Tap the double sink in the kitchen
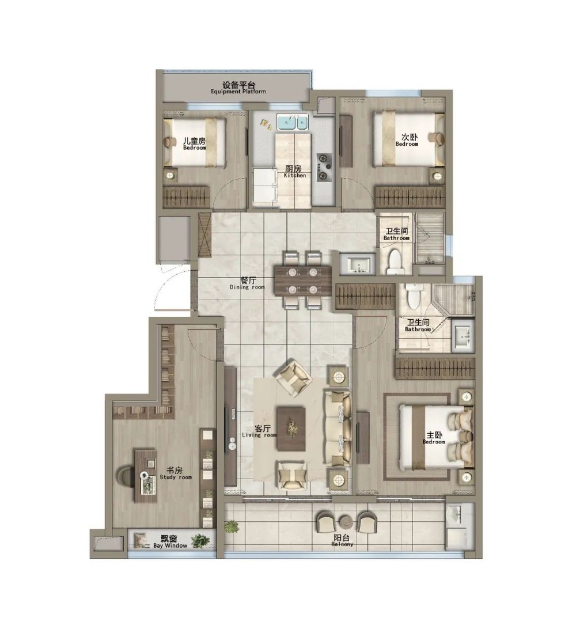coord(292,122)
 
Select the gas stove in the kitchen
coord(324,167)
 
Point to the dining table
coord(303,280)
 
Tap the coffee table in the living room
coord(291,429)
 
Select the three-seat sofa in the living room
coord(337,429)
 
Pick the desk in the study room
coord(146,476)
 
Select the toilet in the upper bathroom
coord(395,261)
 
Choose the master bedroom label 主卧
coord(434,435)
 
